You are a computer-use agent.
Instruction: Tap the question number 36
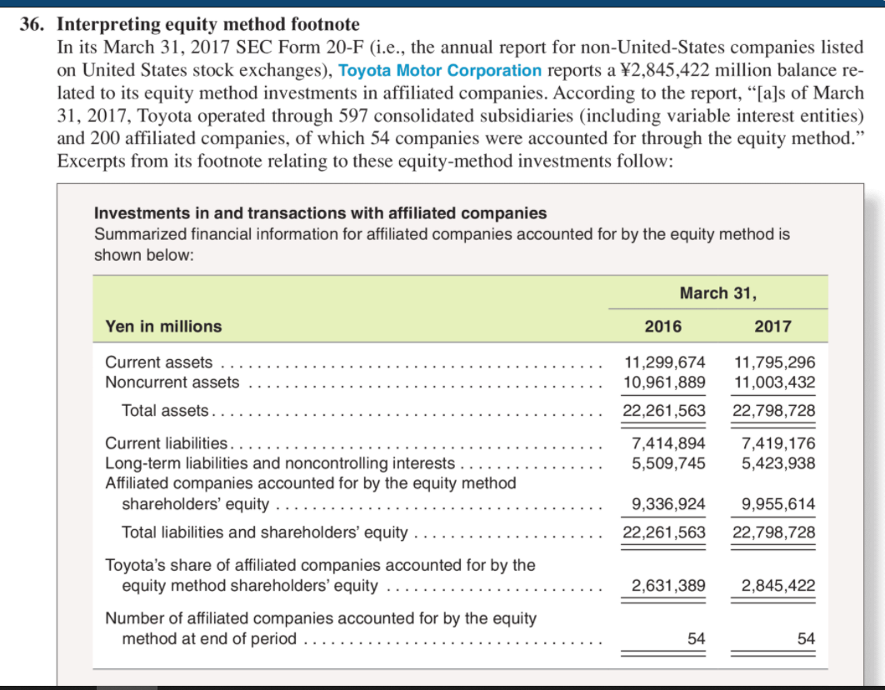pos(32,26)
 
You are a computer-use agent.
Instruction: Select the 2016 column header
pos(663,326)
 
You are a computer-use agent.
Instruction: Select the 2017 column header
pos(774,326)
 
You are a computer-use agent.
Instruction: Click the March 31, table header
pos(718,292)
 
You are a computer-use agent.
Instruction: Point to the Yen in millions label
pos(163,327)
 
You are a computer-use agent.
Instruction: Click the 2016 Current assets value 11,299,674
pos(665,362)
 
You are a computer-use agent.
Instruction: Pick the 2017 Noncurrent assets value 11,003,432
pos(775,382)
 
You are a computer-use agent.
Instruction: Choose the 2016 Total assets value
pos(665,411)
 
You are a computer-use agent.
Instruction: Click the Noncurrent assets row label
pos(172,382)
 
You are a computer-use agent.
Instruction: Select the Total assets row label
pos(167,411)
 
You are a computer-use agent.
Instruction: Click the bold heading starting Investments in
pos(321,214)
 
